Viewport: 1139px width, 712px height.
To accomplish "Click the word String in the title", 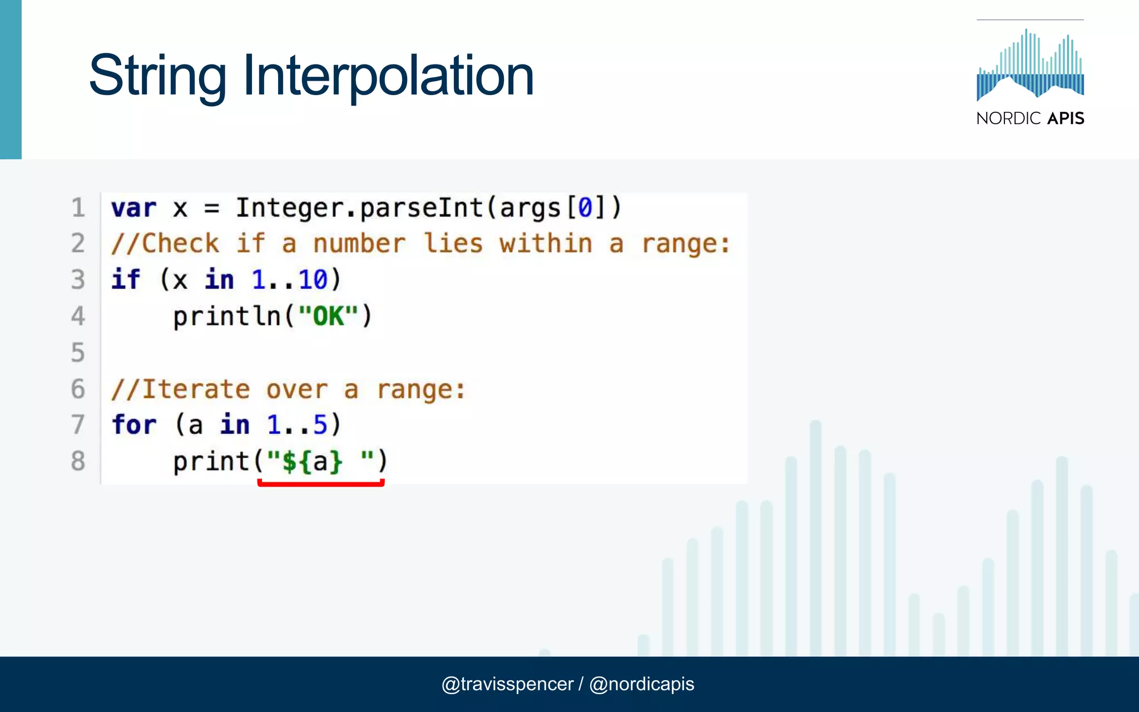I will (x=157, y=76).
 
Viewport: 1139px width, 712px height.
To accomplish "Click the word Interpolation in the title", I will (x=388, y=76).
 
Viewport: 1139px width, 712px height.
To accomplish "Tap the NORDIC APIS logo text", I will (x=1030, y=118).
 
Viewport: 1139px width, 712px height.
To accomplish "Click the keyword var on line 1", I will (x=133, y=209).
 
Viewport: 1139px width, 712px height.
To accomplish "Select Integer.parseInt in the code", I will (x=359, y=209).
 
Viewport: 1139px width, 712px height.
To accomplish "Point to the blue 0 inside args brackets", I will (x=585, y=209).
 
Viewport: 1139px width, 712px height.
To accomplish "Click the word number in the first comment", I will (x=359, y=244).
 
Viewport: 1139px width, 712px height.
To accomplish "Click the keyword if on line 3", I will (x=126, y=279).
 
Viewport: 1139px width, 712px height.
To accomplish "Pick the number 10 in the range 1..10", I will (x=313, y=279).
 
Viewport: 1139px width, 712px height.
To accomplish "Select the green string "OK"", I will (x=328, y=317).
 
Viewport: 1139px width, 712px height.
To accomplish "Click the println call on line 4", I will (x=227, y=317).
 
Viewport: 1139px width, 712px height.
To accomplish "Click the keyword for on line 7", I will (x=133, y=425).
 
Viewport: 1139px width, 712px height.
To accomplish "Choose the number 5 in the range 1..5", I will (x=320, y=425).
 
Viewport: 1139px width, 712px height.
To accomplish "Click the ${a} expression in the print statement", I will (x=313, y=462).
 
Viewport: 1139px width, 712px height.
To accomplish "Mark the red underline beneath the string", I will (x=321, y=484).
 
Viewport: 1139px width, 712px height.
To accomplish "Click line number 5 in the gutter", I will (x=78, y=353).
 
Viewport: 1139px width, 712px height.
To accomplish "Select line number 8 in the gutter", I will (x=78, y=461).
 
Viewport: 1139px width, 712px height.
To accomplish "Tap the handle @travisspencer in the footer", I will (x=507, y=684).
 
